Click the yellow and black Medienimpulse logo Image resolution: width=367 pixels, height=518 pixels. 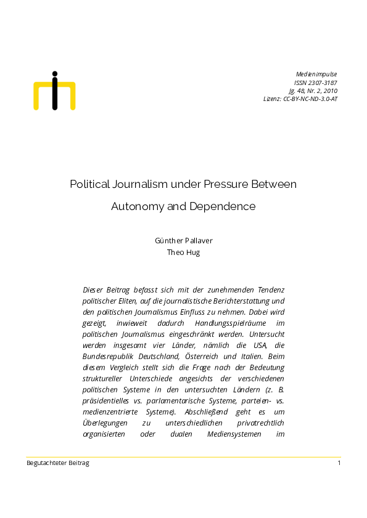[x=54, y=91]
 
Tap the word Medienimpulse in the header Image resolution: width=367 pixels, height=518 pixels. [x=316, y=75]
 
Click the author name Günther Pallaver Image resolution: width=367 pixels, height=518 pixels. [x=183, y=241]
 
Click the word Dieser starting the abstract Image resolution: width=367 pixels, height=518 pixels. [x=94, y=289]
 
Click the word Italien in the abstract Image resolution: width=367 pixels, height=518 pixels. [x=254, y=356]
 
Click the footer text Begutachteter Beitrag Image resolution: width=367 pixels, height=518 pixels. [x=57, y=463]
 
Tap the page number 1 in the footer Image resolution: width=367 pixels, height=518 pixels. [x=339, y=463]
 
